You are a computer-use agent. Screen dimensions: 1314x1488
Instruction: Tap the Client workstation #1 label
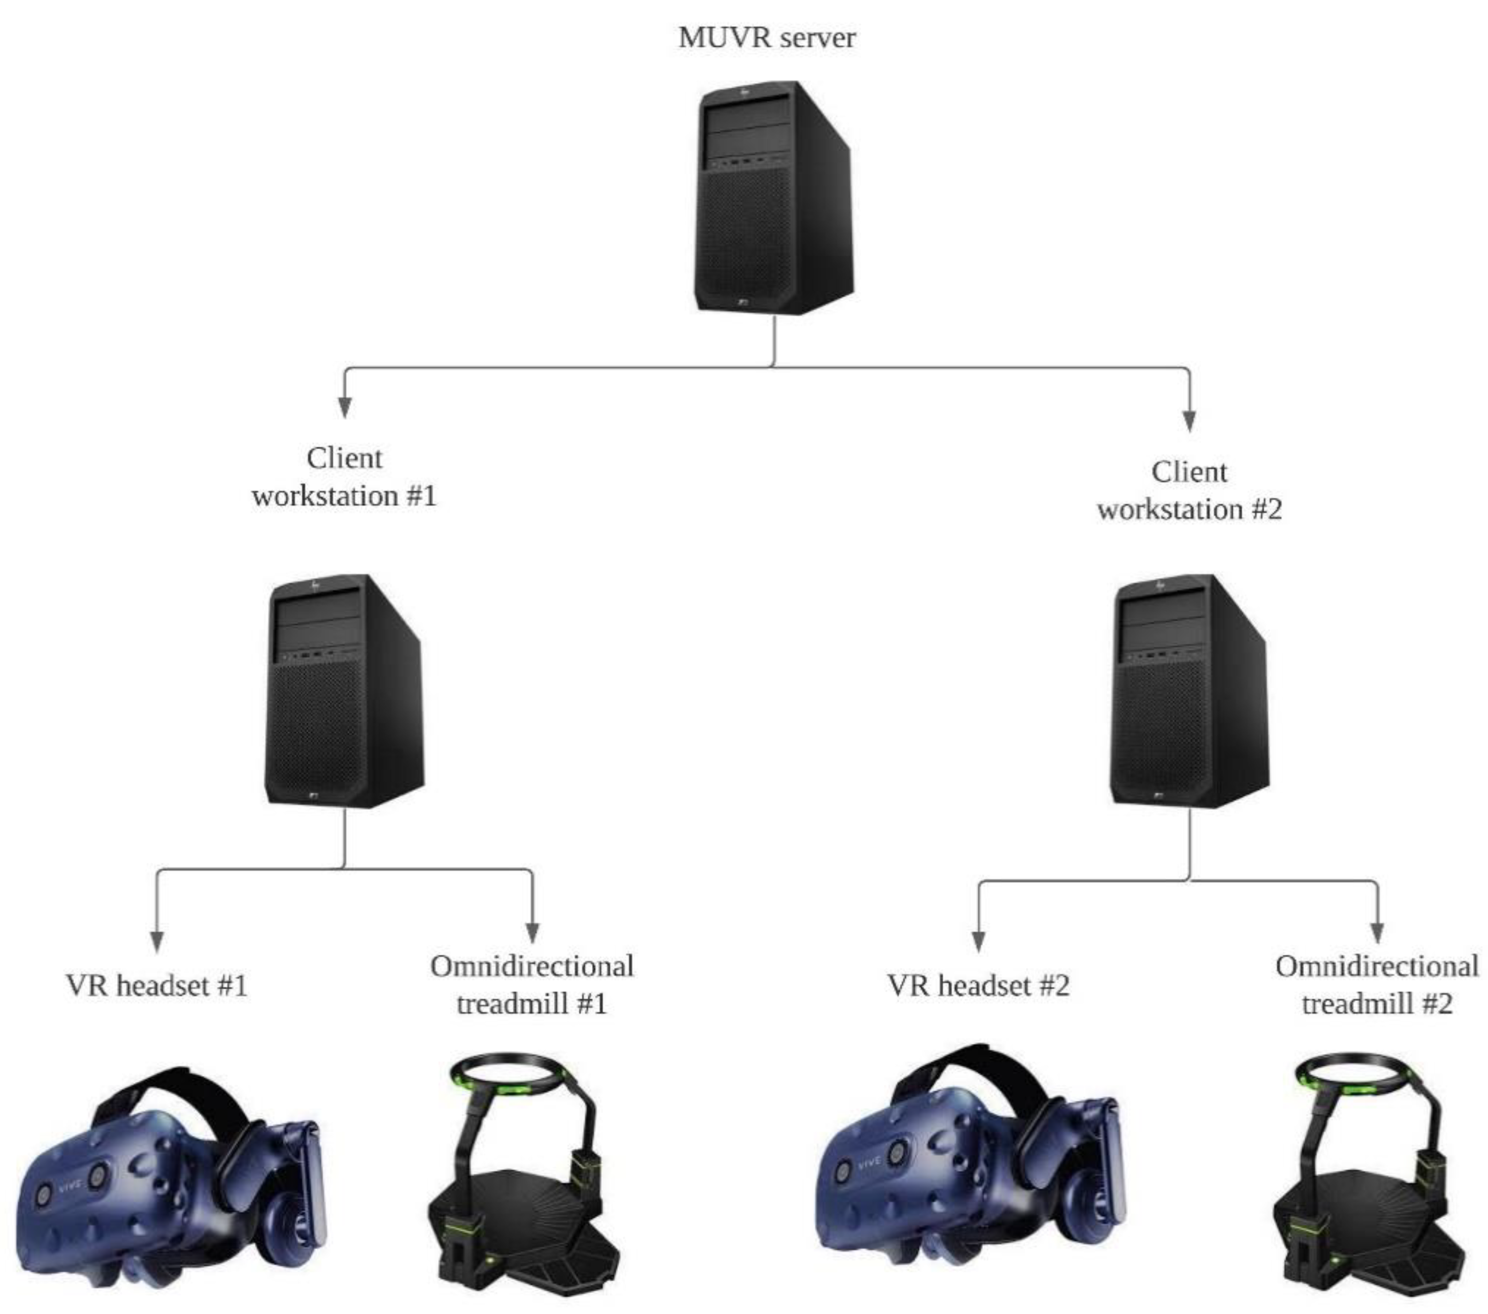coord(344,477)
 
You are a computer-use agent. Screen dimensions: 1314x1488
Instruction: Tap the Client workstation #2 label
coord(1189,490)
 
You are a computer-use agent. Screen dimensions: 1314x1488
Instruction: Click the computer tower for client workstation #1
coord(344,692)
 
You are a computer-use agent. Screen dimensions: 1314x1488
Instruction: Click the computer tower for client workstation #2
coord(1189,692)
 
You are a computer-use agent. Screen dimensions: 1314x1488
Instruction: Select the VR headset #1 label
coord(157,986)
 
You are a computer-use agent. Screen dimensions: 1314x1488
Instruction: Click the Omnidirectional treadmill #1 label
coord(531,985)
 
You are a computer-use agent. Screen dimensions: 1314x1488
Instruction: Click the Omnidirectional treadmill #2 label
coord(1376,985)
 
